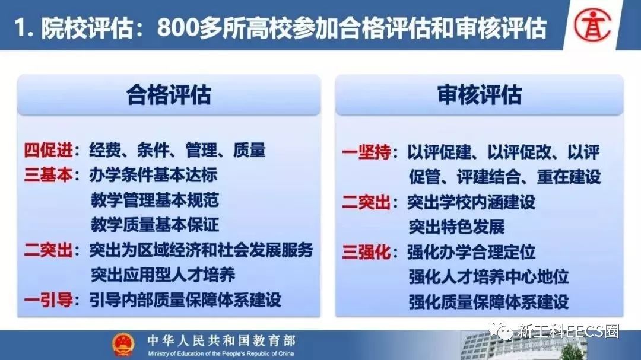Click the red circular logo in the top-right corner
pyautogui.click(x=592, y=26)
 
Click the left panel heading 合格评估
pyautogui.click(x=169, y=95)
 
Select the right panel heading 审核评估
pyautogui.click(x=480, y=95)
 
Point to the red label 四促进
pyautogui.click(x=48, y=150)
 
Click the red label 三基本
pyautogui.click(x=48, y=175)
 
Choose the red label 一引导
pyautogui.click(x=48, y=300)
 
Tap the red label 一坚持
pyautogui.click(x=366, y=152)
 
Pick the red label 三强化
pyautogui.click(x=366, y=252)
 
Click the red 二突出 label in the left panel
pyautogui.click(x=48, y=250)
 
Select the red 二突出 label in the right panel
pyautogui.click(x=366, y=202)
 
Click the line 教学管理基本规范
pyautogui.click(x=154, y=200)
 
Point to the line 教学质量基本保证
pyautogui.click(x=154, y=225)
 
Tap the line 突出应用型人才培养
pyautogui.click(x=163, y=275)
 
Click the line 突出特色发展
pyautogui.click(x=456, y=227)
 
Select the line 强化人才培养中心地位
pyautogui.click(x=488, y=277)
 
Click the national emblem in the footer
pyautogui.click(x=123, y=345)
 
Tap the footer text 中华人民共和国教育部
pyautogui.click(x=221, y=340)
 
